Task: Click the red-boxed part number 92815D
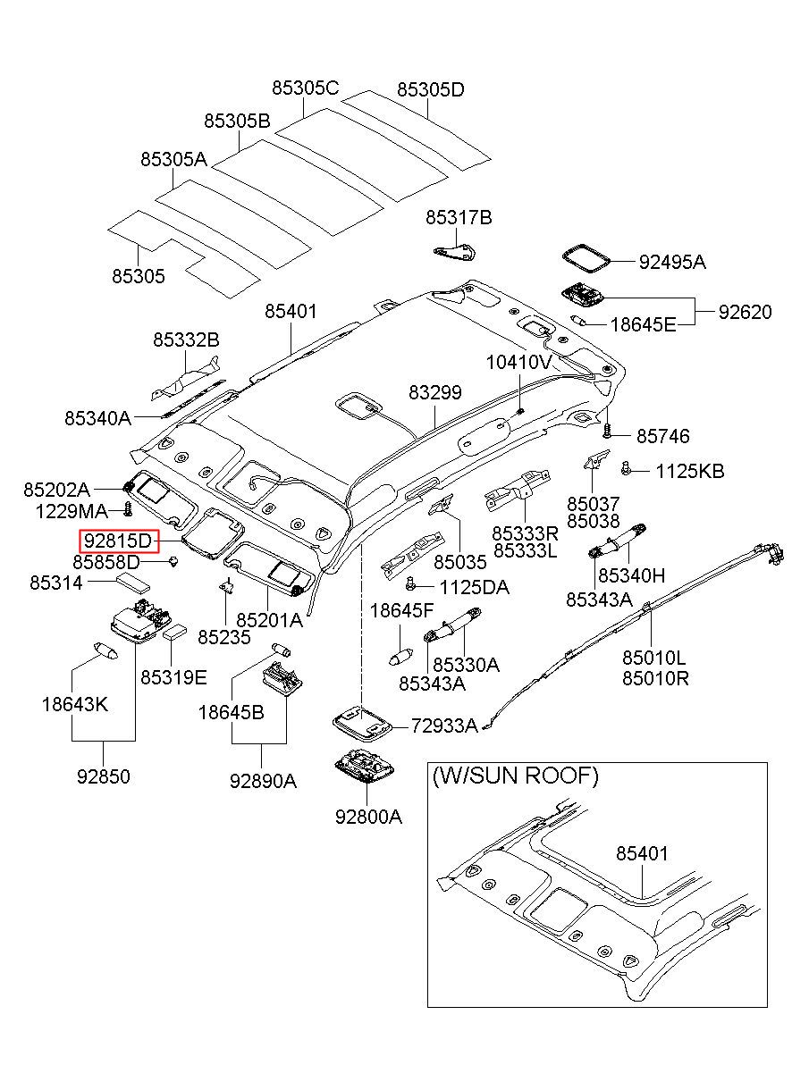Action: pos(119,541)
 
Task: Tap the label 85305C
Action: pos(306,88)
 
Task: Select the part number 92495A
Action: pos(672,262)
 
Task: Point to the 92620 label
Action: pos(746,312)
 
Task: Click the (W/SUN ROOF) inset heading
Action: pos(515,776)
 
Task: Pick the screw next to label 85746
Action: pos(608,431)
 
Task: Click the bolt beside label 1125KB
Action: pos(627,467)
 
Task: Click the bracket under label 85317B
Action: pos(455,252)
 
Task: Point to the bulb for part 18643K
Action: pos(105,650)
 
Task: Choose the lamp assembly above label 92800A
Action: pos(366,765)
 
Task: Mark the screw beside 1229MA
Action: pos(128,509)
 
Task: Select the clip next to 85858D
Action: pos(173,562)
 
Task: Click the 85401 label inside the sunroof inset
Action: pos(642,854)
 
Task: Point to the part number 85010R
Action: pos(655,679)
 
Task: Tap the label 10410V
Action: pos(519,362)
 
